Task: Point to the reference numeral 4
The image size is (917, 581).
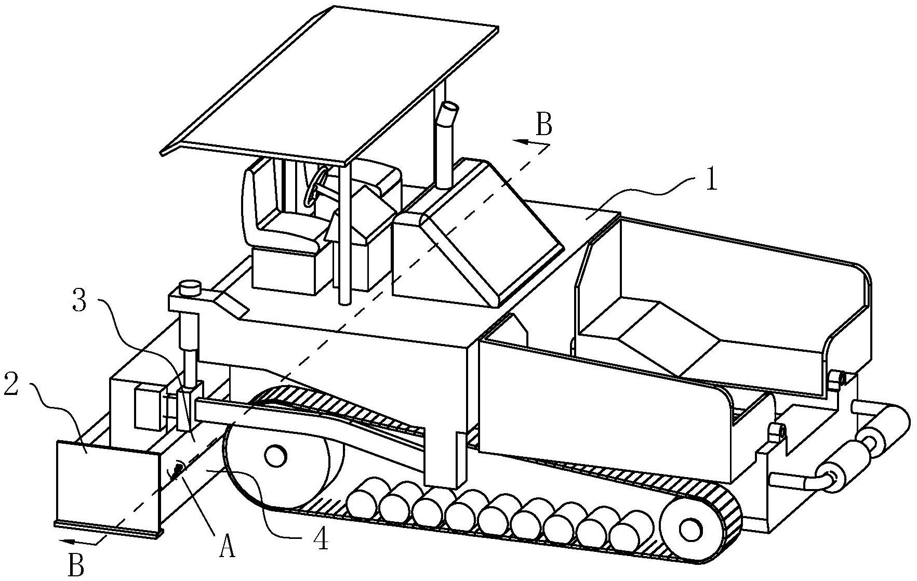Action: pyautogui.click(x=321, y=540)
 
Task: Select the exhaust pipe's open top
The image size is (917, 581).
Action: pyautogui.click(x=449, y=110)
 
